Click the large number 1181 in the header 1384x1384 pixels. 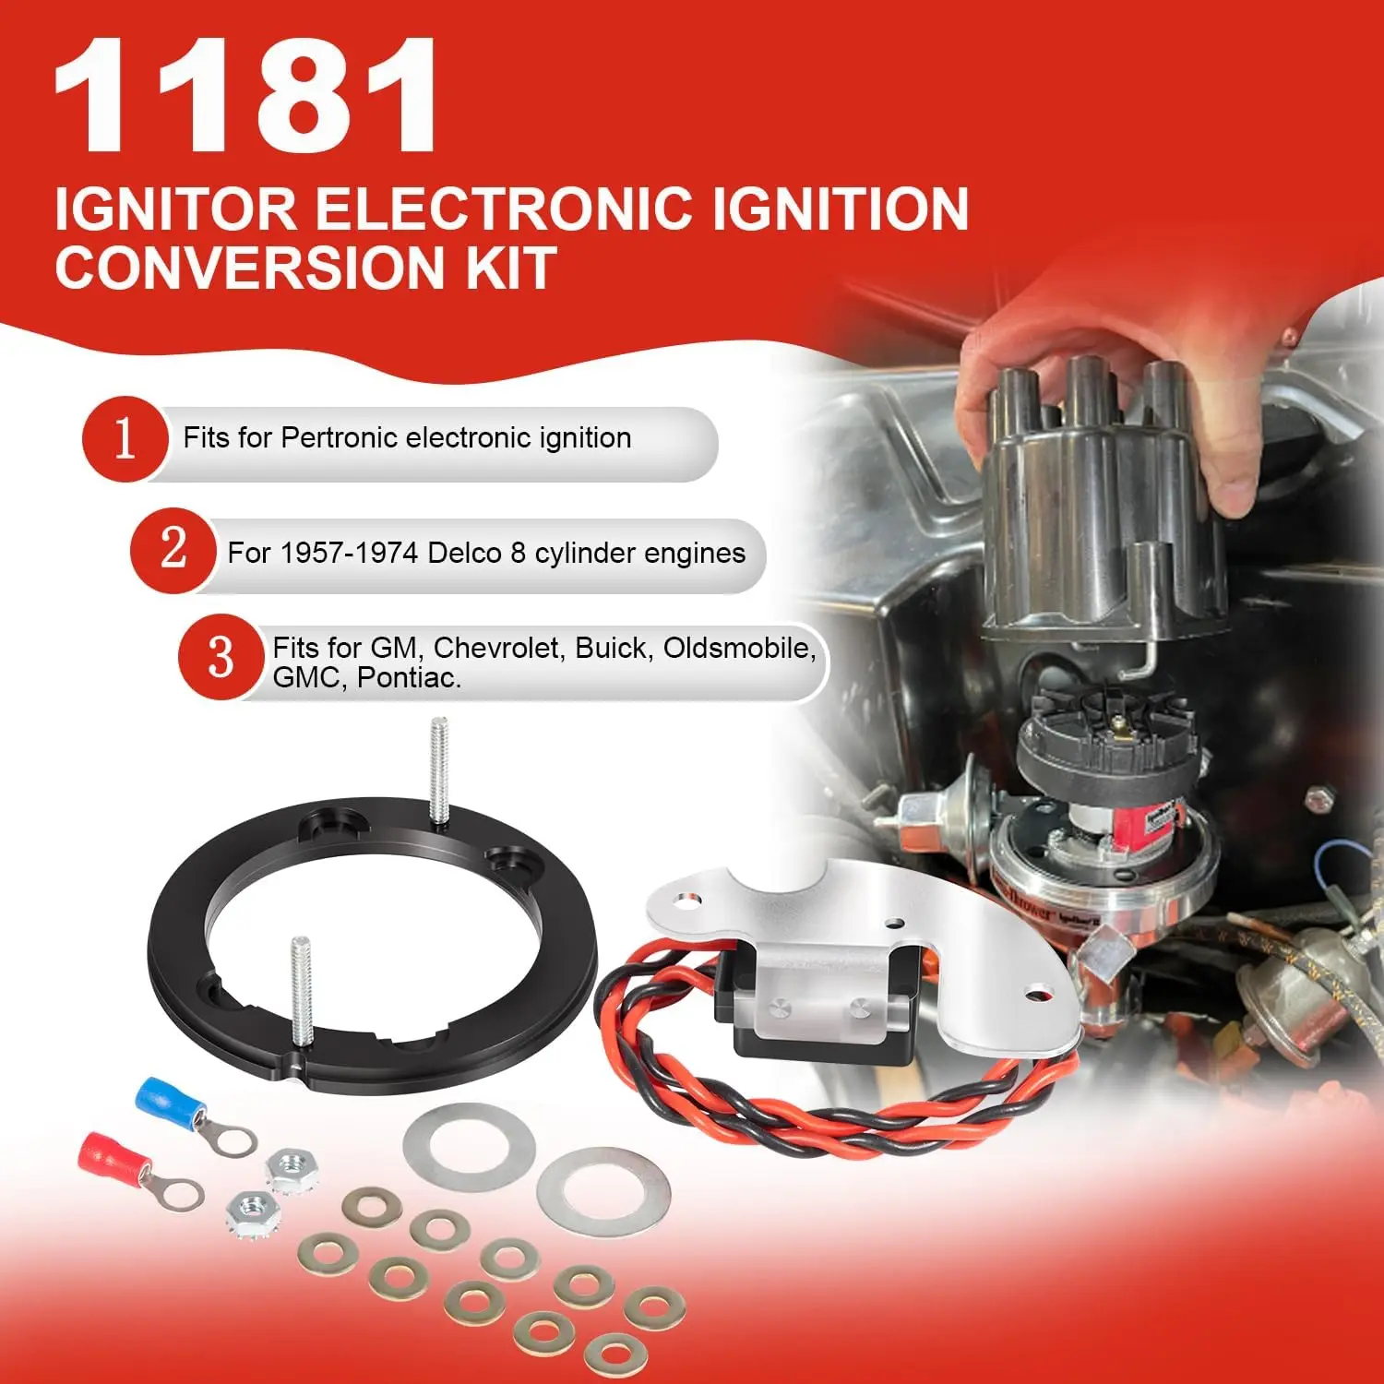click(245, 97)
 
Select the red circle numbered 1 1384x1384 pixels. click(125, 439)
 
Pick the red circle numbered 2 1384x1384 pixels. click(173, 550)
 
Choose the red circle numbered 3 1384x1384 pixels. click(221, 657)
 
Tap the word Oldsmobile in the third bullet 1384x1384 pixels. click(738, 648)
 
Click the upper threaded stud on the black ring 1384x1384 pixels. click(439, 770)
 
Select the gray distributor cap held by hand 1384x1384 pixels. click(1098, 517)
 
